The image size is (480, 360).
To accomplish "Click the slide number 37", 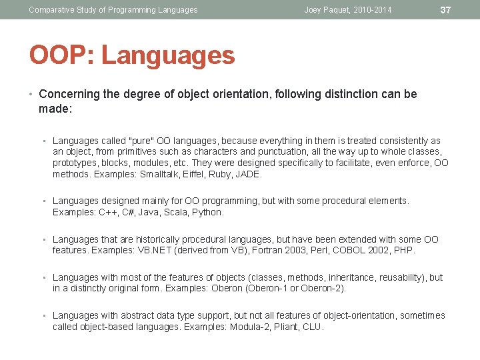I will (x=446, y=9).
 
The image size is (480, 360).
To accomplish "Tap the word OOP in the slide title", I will (x=55, y=55).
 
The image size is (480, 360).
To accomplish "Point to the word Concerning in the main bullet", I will (x=69, y=95).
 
